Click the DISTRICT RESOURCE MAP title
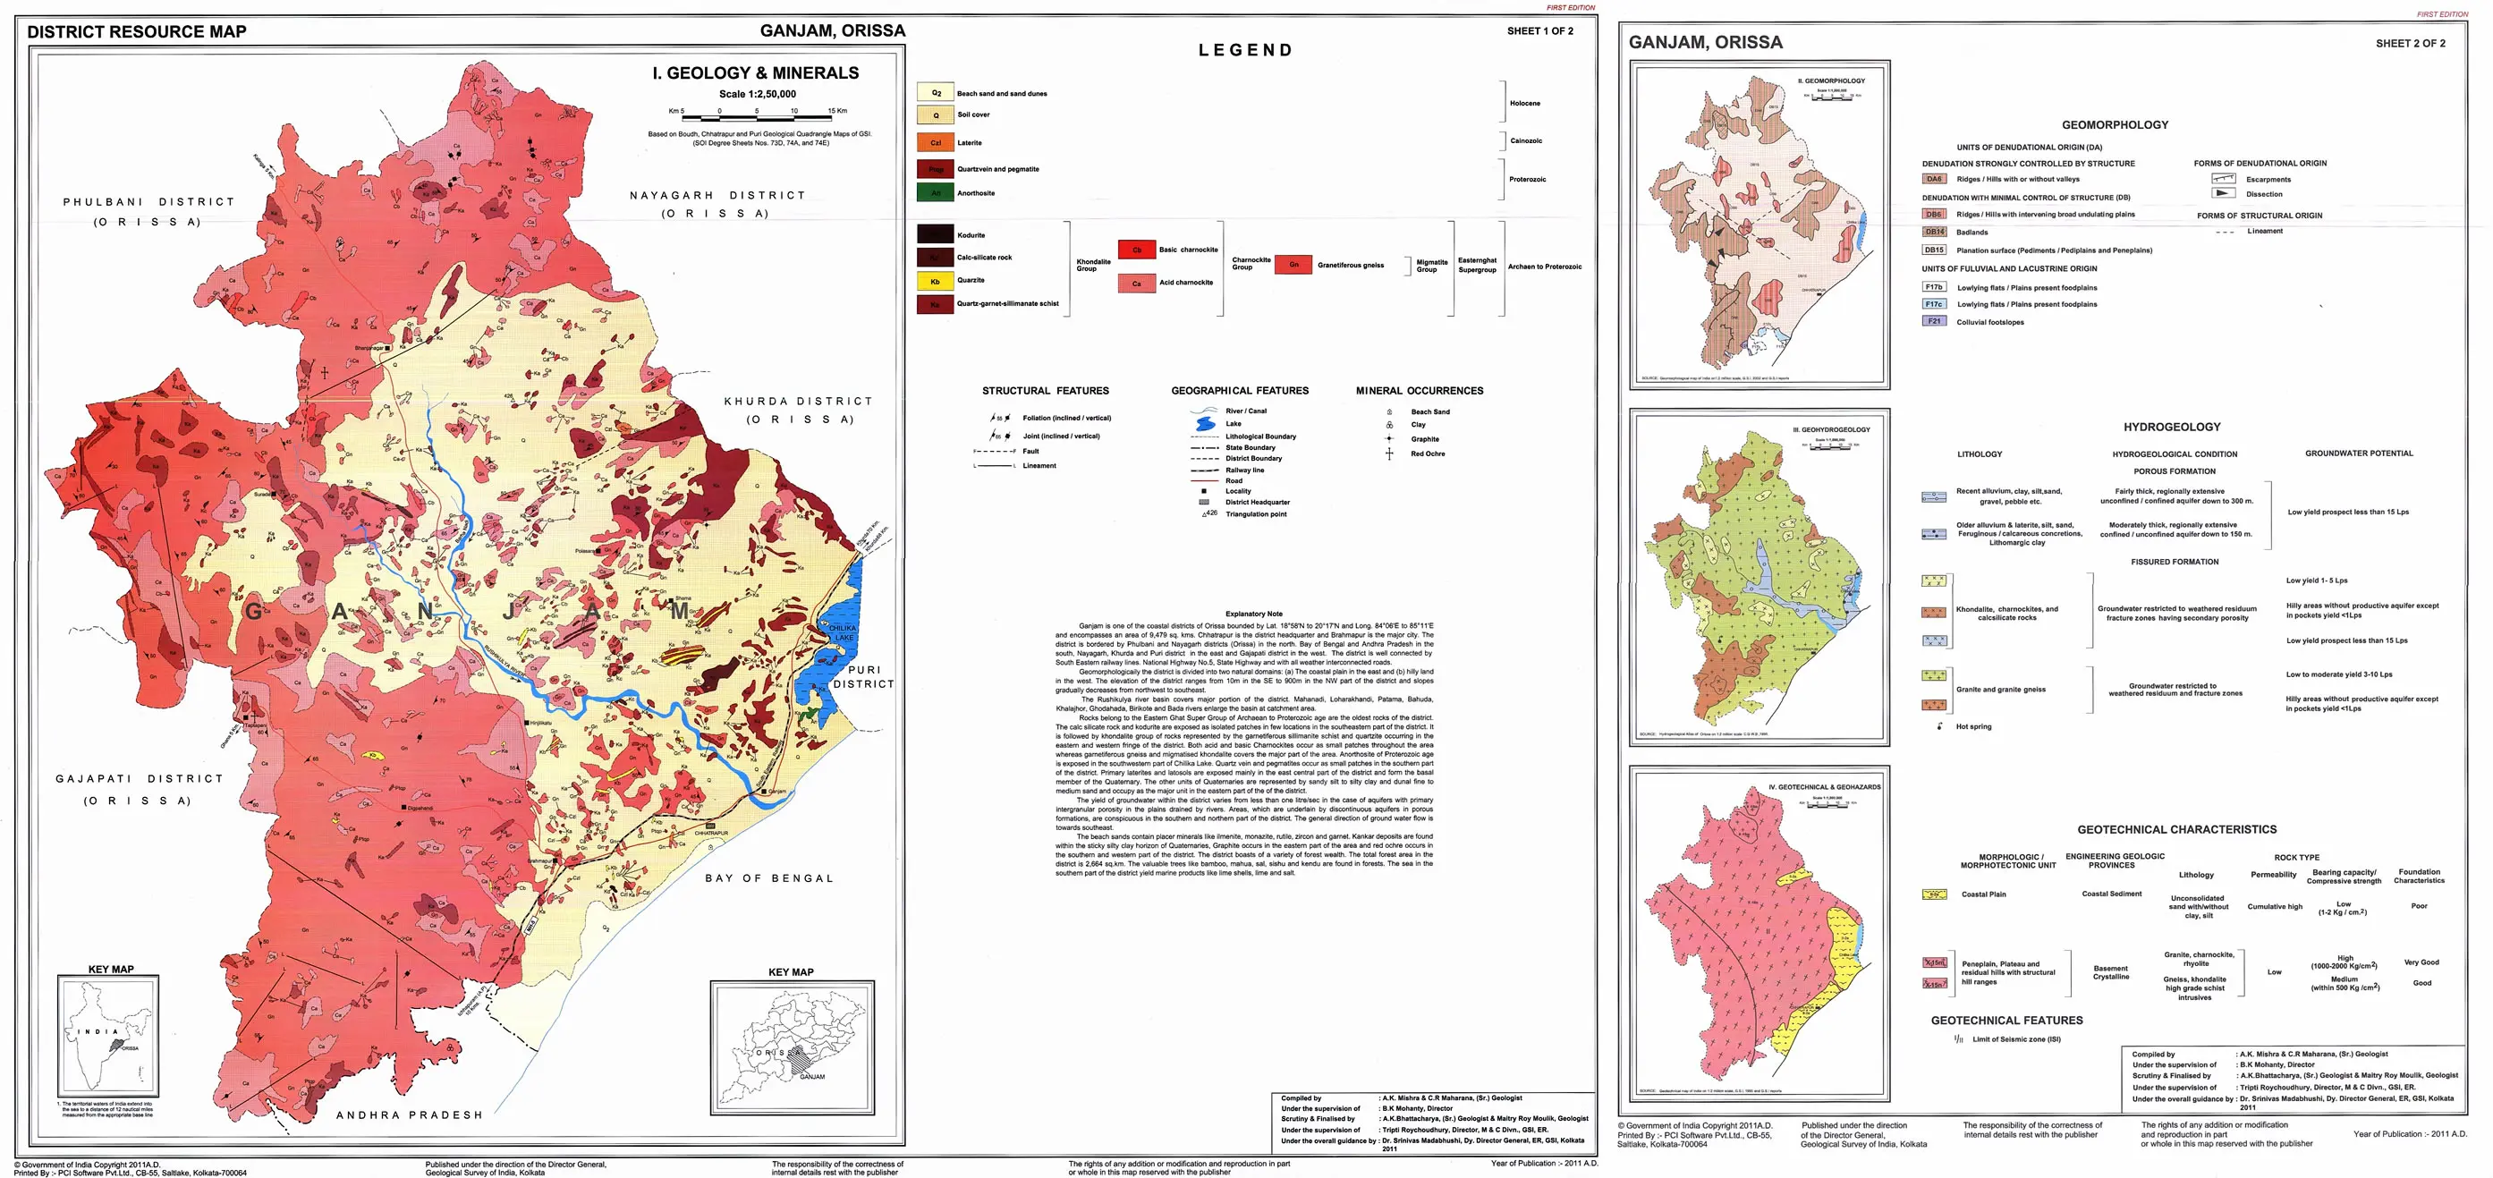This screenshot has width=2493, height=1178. [137, 32]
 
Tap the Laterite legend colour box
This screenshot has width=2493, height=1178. [935, 142]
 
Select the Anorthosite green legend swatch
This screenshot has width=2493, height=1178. [935, 192]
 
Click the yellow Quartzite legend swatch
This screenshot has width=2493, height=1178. [935, 281]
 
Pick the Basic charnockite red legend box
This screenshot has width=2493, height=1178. [1136, 250]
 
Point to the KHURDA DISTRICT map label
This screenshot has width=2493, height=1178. [799, 401]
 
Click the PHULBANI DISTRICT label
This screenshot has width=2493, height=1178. [148, 202]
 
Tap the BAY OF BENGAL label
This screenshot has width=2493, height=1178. [768, 878]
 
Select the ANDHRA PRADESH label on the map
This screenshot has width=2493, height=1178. [409, 1115]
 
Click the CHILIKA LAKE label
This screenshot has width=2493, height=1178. [843, 632]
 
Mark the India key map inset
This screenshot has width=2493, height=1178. [107, 1037]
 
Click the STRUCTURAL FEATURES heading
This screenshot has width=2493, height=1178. [1045, 391]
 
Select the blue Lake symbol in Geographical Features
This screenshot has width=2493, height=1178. [1204, 424]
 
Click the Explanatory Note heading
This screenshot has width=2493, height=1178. [1253, 614]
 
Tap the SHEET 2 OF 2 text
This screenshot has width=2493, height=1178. [2410, 44]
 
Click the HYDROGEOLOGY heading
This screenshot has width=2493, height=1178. [2172, 427]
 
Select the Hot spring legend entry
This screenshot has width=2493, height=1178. [1972, 726]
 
